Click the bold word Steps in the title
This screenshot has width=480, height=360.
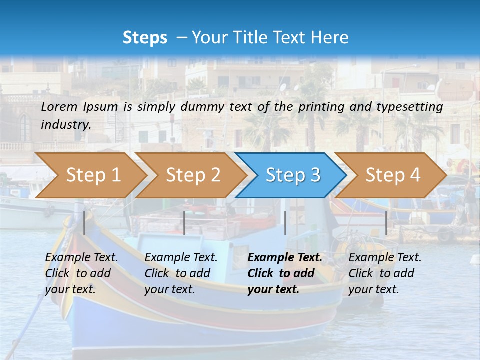tap(145, 37)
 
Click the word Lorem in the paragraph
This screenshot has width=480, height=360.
tap(59, 106)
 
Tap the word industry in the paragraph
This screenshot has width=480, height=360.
tap(65, 124)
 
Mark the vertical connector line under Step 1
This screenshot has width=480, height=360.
tap(84, 223)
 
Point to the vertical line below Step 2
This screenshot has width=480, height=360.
tap(184, 223)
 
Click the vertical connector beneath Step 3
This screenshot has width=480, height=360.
tap(285, 223)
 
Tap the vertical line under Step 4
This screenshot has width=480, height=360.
tap(386, 223)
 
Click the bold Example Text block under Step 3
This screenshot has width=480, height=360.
tap(285, 273)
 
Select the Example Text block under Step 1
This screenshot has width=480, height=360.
tap(81, 273)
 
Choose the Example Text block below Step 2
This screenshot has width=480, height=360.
tap(181, 273)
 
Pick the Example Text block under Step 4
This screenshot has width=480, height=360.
tap(385, 273)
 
